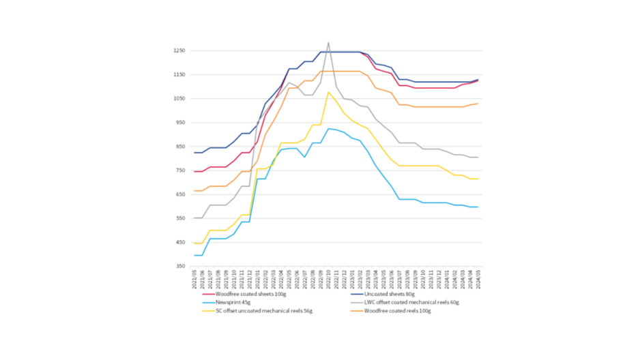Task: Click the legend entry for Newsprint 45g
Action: pyautogui.click(x=233, y=302)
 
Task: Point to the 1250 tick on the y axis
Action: pyautogui.click(x=179, y=51)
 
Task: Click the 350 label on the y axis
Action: pyautogui.click(x=181, y=267)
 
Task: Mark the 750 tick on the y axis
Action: pyautogui.click(x=181, y=171)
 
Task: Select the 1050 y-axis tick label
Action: pyautogui.click(x=179, y=99)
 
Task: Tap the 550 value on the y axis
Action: pyautogui.click(x=181, y=219)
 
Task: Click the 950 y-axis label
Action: pyautogui.click(x=181, y=123)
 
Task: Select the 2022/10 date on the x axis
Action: pyautogui.click(x=328, y=279)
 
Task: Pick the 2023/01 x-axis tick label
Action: pyautogui.click(x=352, y=279)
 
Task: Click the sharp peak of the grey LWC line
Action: pyautogui.click(x=328, y=42)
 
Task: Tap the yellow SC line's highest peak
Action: pyautogui.click(x=328, y=92)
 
